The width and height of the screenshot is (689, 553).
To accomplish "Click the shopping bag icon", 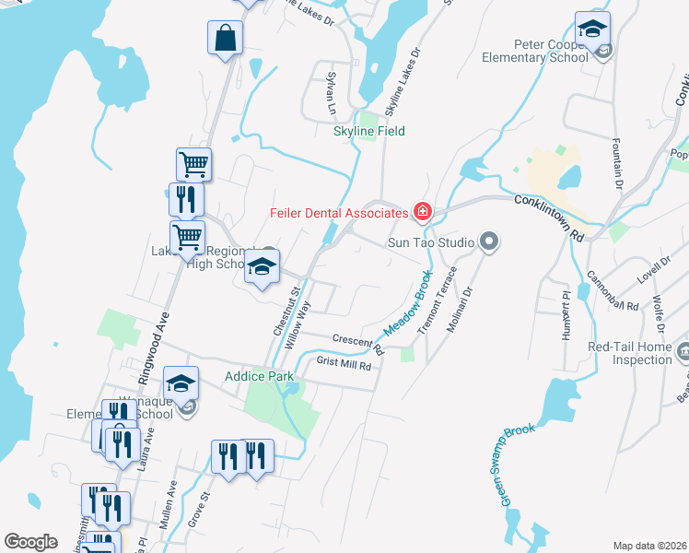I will [x=225, y=39].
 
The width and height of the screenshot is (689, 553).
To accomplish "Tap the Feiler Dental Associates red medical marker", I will [x=423, y=213].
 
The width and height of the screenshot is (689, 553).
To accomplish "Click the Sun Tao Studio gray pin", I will [x=489, y=242].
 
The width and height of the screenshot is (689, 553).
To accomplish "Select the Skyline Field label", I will [x=368, y=131].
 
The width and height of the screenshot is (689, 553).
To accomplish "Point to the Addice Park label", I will [x=259, y=376].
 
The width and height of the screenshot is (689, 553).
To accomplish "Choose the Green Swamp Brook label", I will [x=519, y=465].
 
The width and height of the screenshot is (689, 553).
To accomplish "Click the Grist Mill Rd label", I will [x=344, y=365].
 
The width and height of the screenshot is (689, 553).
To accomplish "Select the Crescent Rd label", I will [x=358, y=342].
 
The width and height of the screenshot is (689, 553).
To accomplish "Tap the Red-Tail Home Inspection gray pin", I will [x=683, y=351].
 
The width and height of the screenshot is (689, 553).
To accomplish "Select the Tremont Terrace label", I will [x=438, y=300].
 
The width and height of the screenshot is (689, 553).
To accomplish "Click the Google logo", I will [x=30, y=542].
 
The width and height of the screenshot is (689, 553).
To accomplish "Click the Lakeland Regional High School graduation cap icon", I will [x=262, y=268].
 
